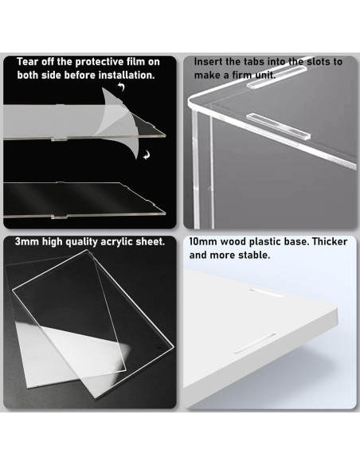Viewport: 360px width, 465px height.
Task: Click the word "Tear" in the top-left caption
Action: pyautogui.click(x=28, y=61)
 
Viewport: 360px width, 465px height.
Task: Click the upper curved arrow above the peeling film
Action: pyautogui.click(x=121, y=87)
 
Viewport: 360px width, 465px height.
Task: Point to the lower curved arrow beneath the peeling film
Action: pyautogui.click(x=147, y=154)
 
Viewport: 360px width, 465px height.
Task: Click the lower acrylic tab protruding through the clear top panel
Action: pyautogui.click(x=278, y=126)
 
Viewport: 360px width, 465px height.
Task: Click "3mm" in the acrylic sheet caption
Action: pyautogui.click(x=27, y=242)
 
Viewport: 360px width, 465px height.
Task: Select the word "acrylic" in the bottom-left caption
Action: pyautogui.click(x=116, y=242)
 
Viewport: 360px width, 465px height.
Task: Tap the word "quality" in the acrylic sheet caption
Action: pyautogui.click(x=81, y=242)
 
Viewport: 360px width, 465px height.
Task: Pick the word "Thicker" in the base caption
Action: pyautogui.click(x=330, y=242)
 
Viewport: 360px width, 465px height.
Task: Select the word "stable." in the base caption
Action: pyautogui.click(x=255, y=255)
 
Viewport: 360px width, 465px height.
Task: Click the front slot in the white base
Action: pyautogui.click(x=256, y=343)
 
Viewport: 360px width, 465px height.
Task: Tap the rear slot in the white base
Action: pyautogui.click(x=266, y=292)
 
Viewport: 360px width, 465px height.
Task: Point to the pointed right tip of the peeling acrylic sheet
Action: pyautogui.click(x=165, y=136)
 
